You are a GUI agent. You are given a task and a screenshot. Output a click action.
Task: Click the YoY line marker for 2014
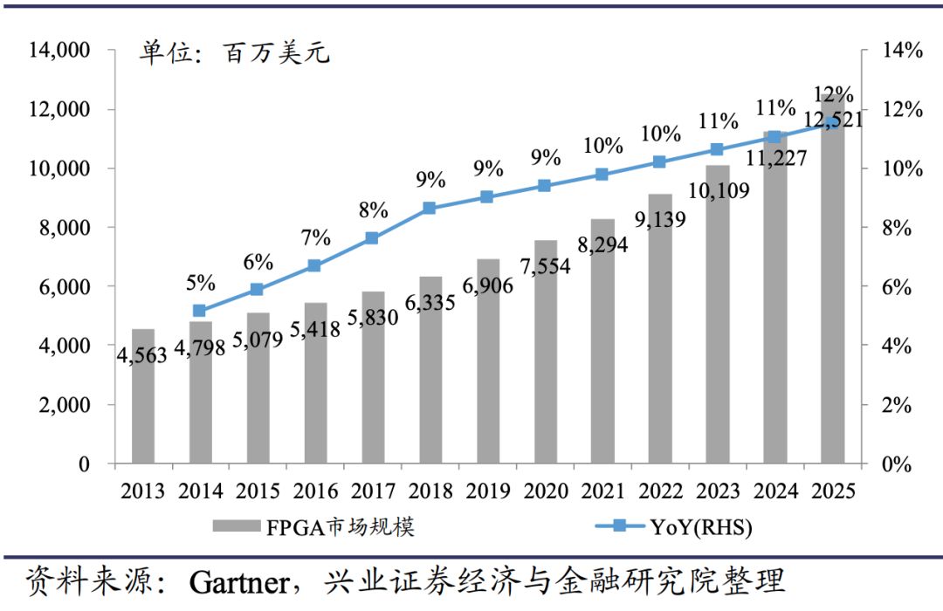tap(199, 311)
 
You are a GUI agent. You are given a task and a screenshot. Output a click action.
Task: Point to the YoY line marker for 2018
tap(429, 209)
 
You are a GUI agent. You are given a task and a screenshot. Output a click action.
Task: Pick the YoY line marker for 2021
tap(602, 175)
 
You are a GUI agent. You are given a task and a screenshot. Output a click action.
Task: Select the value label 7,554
tap(545, 266)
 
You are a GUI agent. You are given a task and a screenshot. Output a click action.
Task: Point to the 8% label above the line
tap(373, 210)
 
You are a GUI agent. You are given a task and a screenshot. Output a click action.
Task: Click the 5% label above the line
tap(200, 282)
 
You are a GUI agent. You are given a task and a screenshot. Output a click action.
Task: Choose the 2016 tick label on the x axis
tap(315, 491)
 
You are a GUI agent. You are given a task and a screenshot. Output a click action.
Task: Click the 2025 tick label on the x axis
tap(832, 491)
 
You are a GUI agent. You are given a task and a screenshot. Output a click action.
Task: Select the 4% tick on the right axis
tap(901, 347)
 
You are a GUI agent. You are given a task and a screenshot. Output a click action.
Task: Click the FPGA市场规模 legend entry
tap(314, 527)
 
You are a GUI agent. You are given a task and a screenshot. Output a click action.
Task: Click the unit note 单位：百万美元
tap(236, 54)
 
